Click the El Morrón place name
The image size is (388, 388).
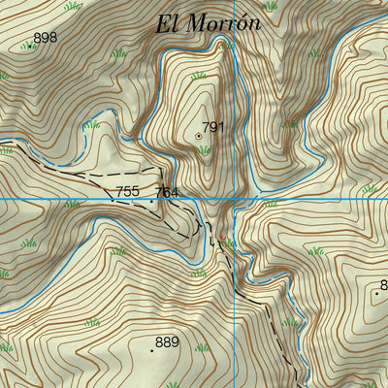coord(209,24)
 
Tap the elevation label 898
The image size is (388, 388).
coord(46,39)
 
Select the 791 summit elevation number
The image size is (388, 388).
coord(213,126)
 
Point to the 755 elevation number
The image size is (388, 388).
coord(127,191)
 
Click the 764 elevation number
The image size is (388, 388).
coord(166,192)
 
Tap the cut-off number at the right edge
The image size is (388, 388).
coord(383,284)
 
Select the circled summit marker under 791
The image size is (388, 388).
coord(200,137)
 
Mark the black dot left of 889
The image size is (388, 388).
coord(151,349)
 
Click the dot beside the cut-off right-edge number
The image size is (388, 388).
coord(376,292)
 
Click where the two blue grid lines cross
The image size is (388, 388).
coord(233,199)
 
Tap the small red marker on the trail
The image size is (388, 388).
coord(222,238)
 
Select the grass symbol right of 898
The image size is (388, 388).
coord(120,52)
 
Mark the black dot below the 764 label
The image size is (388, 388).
coord(151,201)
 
